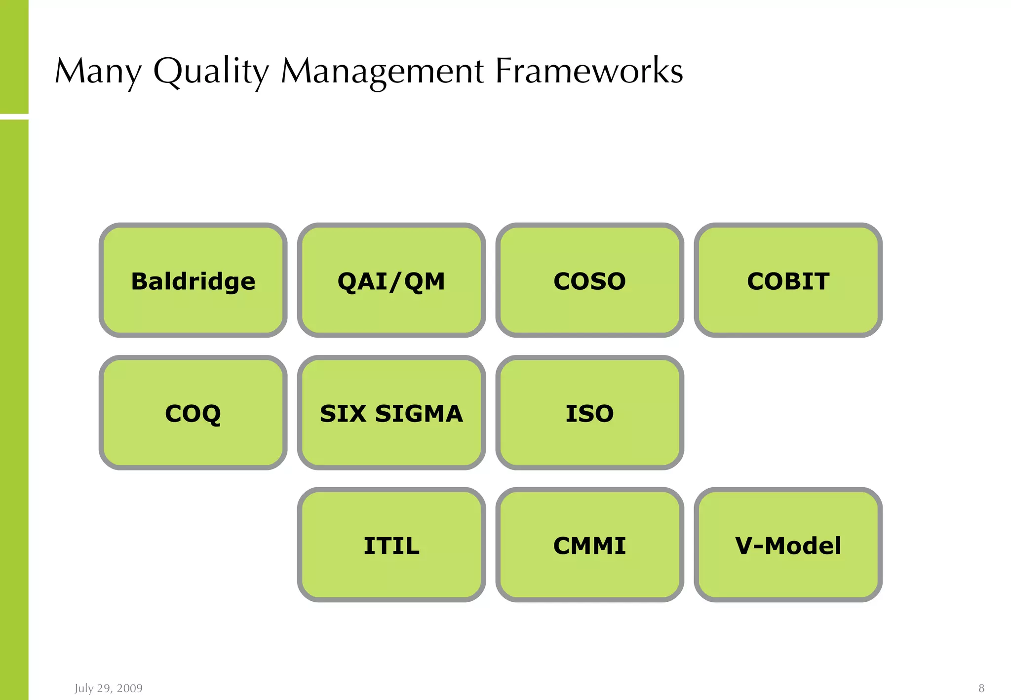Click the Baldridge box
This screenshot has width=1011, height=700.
pos(193,280)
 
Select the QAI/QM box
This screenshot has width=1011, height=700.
pos(391,280)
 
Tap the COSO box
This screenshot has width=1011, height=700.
pos(590,280)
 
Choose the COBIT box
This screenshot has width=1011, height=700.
pos(788,280)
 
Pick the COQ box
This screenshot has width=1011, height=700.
pos(193,413)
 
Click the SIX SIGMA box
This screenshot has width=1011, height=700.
pos(391,413)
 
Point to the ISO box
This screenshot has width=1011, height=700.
pos(590,413)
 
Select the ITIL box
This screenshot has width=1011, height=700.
pos(391,545)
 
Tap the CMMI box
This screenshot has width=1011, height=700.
pos(590,545)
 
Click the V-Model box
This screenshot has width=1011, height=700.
pos(788,545)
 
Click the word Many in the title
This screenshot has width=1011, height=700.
pos(98,72)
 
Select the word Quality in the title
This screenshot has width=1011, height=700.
pos(211,72)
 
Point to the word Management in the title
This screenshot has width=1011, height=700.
pos(382,72)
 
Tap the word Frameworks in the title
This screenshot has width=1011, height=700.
pos(589,72)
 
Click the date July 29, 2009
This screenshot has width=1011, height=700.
pos(109,688)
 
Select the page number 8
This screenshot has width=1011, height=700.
pos(981,688)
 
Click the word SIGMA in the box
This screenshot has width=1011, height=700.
pos(419,414)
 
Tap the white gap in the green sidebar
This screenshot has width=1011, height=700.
pos(14,117)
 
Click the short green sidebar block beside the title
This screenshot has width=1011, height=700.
pos(14,57)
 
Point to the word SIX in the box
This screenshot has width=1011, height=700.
pos(343,414)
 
